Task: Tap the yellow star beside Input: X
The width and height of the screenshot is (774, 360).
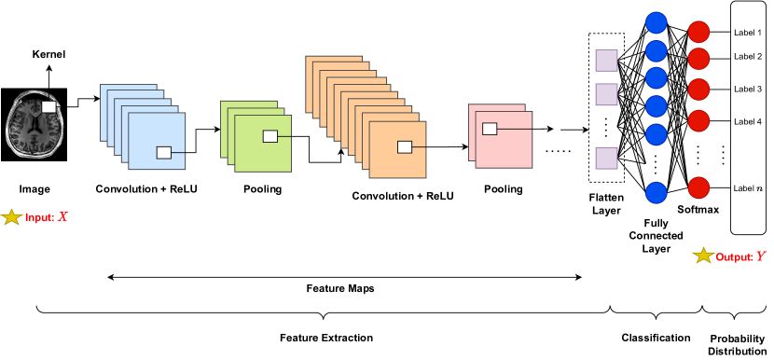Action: click(x=13, y=217)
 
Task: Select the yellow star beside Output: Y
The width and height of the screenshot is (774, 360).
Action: click(x=702, y=256)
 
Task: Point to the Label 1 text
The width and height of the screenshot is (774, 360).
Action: click(x=748, y=33)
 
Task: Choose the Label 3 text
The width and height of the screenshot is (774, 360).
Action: click(x=748, y=89)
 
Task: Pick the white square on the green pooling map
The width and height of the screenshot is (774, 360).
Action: click(x=270, y=136)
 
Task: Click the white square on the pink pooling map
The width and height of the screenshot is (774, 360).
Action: click(x=487, y=129)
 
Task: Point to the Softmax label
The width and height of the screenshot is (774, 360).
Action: click(x=698, y=211)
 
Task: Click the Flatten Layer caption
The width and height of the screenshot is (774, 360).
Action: click(x=605, y=204)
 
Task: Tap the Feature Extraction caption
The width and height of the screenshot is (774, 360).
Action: click(x=326, y=337)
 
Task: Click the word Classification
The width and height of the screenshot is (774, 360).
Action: click(x=656, y=337)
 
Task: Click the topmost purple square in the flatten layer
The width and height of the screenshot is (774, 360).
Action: click(x=606, y=61)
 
